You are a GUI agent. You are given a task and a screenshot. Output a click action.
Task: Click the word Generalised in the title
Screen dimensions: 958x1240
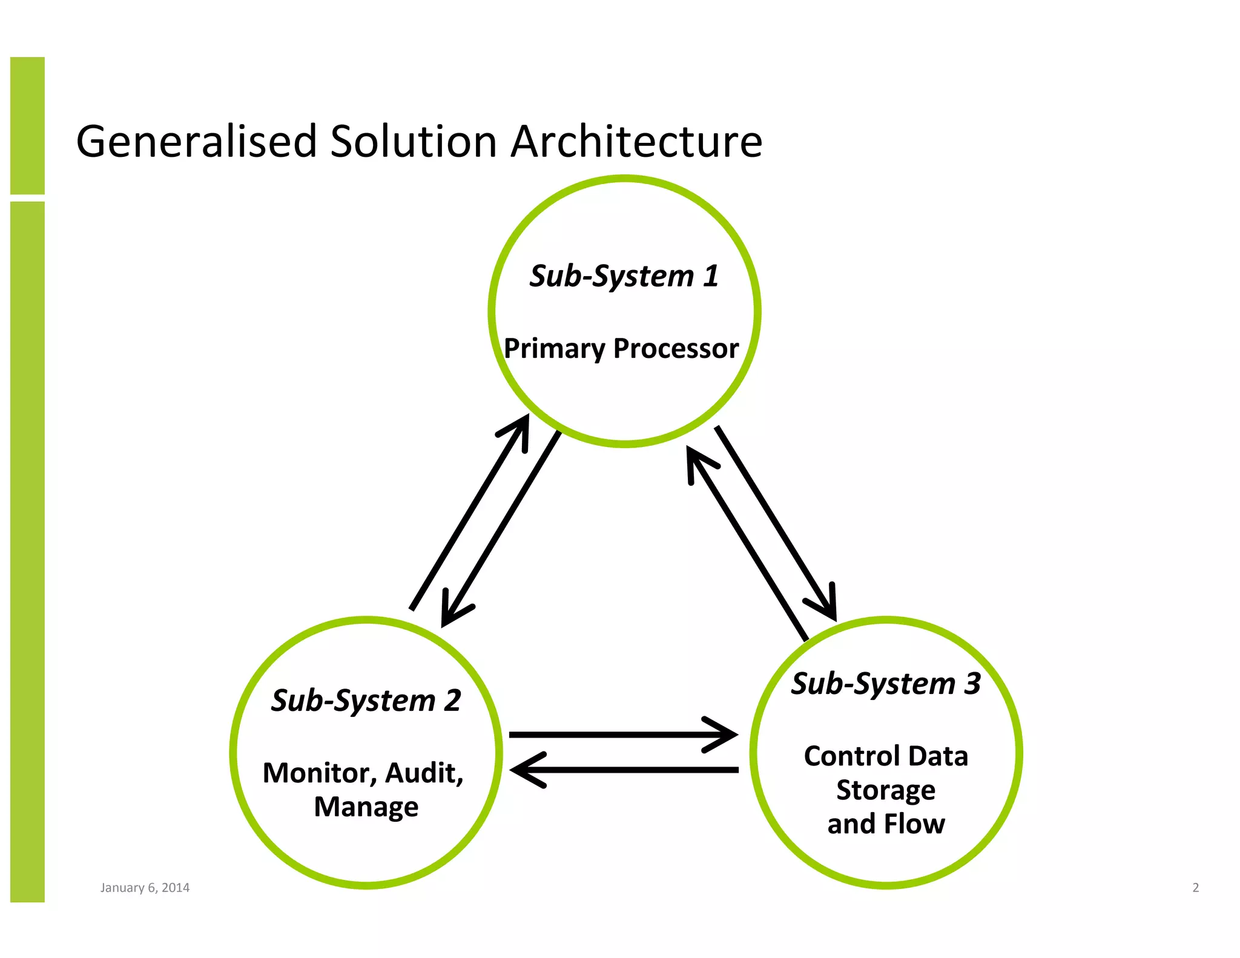pyautogui.click(x=197, y=142)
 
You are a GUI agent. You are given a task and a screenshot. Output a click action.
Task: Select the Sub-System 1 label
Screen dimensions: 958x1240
pyautogui.click(x=624, y=276)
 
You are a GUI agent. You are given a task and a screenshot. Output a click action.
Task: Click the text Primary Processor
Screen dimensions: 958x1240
pyautogui.click(x=621, y=349)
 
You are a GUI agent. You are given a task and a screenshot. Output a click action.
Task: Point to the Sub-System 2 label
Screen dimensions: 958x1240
pyautogui.click(x=366, y=701)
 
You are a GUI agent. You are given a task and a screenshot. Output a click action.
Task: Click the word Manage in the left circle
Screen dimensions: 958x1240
pyautogui.click(x=366, y=807)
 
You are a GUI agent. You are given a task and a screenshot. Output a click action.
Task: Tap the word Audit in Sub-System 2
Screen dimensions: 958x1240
pyautogui.click(x=424, y=773)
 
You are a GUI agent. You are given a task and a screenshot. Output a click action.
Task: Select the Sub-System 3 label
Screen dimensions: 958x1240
pyautogui.click(x=886, y=684)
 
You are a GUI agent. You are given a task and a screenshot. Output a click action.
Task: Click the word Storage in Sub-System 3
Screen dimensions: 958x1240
pyautogui.click(x=886, y=790)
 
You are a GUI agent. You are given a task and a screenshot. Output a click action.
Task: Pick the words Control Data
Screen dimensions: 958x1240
pyautogui.click(x=886, y=756)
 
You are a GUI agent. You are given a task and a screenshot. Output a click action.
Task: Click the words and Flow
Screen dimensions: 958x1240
pyautogui.click(x=886, y=824)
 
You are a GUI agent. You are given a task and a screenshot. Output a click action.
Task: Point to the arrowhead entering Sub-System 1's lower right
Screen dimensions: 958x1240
pyautogui.click(x=696, y=461)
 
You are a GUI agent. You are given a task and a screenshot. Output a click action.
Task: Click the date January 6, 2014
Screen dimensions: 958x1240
pyautogui.click(x=145, y=888)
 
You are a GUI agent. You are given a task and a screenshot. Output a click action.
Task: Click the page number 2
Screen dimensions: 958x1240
pyautogui.click(x=1195, y=888)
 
